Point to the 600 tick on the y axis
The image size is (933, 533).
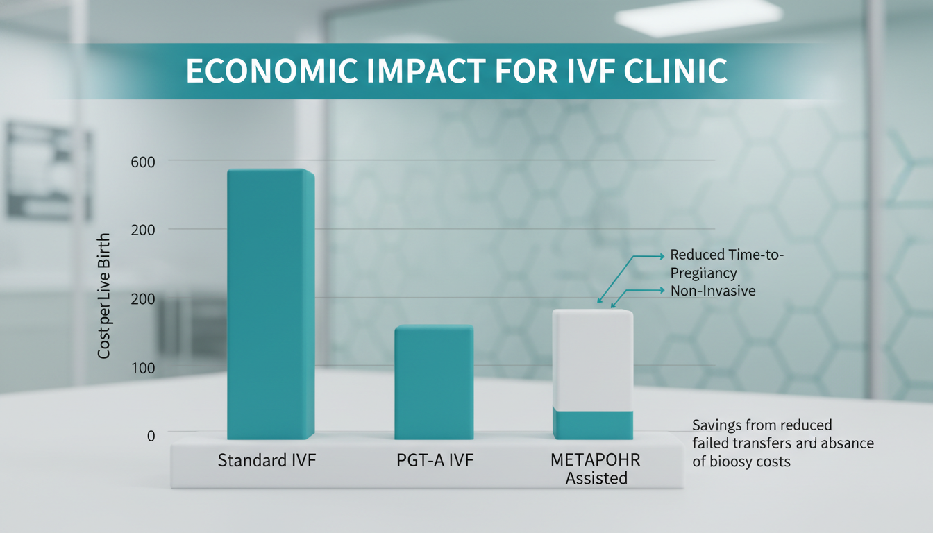tap(142, 161)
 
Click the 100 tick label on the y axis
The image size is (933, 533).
tap(142, 367)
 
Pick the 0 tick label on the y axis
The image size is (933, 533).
tap(151, 435)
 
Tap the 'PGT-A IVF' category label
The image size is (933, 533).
tap(435, 460)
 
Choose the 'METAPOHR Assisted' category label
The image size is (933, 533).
tap(596, 469)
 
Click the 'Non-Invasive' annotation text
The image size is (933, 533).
tap(713, 291)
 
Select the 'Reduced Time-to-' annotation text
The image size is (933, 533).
tap(727, 255)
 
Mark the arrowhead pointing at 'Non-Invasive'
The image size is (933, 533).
tap(661, 290)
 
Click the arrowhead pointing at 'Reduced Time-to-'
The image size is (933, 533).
tap(661, 256)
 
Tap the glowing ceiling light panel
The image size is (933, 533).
tap(698, 15)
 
